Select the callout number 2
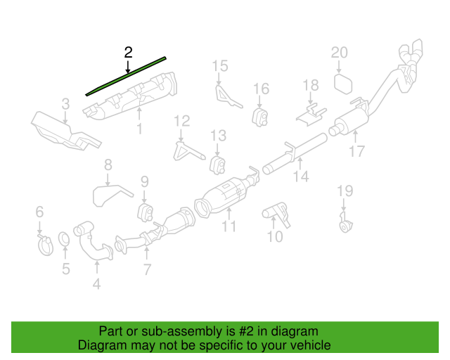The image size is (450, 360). click(x=127, y=52)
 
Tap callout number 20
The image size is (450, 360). click(x=340, y=53)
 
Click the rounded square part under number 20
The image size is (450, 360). click(x=342, y=84)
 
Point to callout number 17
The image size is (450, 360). click(x=358, y=150)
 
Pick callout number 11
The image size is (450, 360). click(x=229, y=226)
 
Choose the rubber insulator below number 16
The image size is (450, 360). click(x=261, y=114)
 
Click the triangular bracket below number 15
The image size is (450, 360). click(x=226, y=96)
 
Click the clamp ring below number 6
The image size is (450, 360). click(x=43, y=245)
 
